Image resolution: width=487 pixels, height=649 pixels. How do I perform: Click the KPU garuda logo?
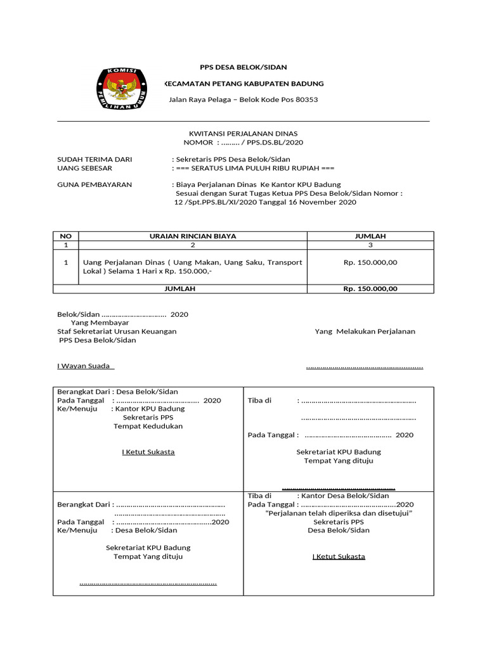pyautogui.click(x=120, y=89)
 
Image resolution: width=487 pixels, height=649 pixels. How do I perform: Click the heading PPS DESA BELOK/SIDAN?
pyautogui.click(x=243, y=67)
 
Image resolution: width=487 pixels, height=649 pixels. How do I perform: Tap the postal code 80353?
pyautogui.click(x=305, y=100)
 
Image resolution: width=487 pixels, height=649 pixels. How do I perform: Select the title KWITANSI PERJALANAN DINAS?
pyautogui.click(x=243, y=133)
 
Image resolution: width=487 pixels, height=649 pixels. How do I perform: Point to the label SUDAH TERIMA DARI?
pyautogui.click(x=94, y=159)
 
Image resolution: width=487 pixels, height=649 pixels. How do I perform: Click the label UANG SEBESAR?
pyautogui.click(x=84, y=168)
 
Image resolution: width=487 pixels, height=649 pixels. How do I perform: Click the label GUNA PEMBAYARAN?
pyautogui.click(x=94, y=184)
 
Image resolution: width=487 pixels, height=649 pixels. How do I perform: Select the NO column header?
pyautogui.click(x=66, y=236)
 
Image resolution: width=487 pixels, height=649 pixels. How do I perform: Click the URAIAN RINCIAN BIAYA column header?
pyautogui.click(x=193, y=236)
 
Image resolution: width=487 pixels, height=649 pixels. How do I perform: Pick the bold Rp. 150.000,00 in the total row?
pyautogui.click(x=370, y=288)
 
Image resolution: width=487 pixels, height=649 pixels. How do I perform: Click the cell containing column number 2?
pyautogui.click(x=193, y=245)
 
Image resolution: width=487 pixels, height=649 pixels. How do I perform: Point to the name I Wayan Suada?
pyautogui.click(x=85, y=366)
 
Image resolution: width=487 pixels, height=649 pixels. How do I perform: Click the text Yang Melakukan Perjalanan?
pyautogui.click(x=365, y=331)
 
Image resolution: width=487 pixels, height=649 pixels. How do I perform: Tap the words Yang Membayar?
pyautogui.click(x=100, y=323)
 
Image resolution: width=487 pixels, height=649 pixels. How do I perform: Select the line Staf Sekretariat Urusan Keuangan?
pyautogui.click(x=117, y=331)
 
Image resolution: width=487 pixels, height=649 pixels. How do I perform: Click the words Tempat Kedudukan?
pyautogui.click(x=148, y=427)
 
